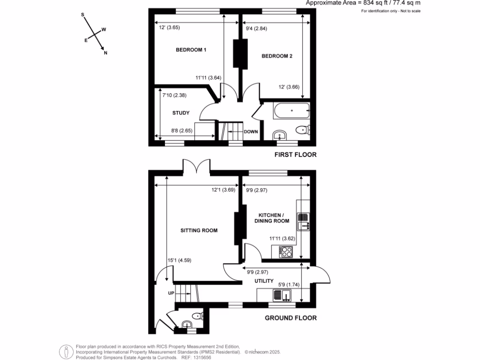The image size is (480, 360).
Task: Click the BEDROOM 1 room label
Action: tap(191, 50)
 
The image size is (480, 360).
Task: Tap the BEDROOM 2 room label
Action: tap(277, 56)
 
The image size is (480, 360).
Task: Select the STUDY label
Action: tap(180, 113)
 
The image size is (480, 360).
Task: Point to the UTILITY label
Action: tap(264, 281)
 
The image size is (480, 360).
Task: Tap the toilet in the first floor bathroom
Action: tap(302, 130)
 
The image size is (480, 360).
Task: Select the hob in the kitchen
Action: tap(285, 252)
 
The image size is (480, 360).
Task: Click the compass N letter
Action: tap(105, 53)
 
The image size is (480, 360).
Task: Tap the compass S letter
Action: tap(83, 15)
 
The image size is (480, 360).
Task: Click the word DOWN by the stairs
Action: tap(251, 132)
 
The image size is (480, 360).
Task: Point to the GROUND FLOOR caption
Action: tap(291, 318)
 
